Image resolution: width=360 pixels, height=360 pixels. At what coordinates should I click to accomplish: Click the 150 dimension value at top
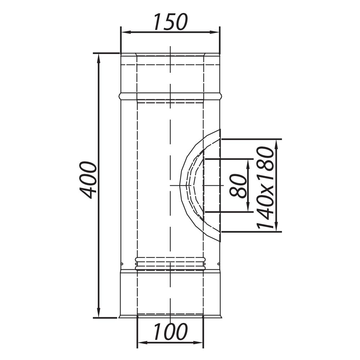[170, 22]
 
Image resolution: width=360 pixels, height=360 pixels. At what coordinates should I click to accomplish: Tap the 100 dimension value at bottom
[170, 332]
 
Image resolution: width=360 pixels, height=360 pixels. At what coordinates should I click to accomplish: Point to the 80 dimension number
[238, 185]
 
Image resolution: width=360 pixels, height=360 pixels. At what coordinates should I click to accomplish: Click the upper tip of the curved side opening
[220, 130]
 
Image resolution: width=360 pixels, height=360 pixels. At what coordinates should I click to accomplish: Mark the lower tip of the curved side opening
[220, 242]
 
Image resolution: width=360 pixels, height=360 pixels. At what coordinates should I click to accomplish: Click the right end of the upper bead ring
[221, 96]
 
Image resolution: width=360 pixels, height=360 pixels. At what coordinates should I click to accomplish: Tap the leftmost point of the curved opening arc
[180, 185]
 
